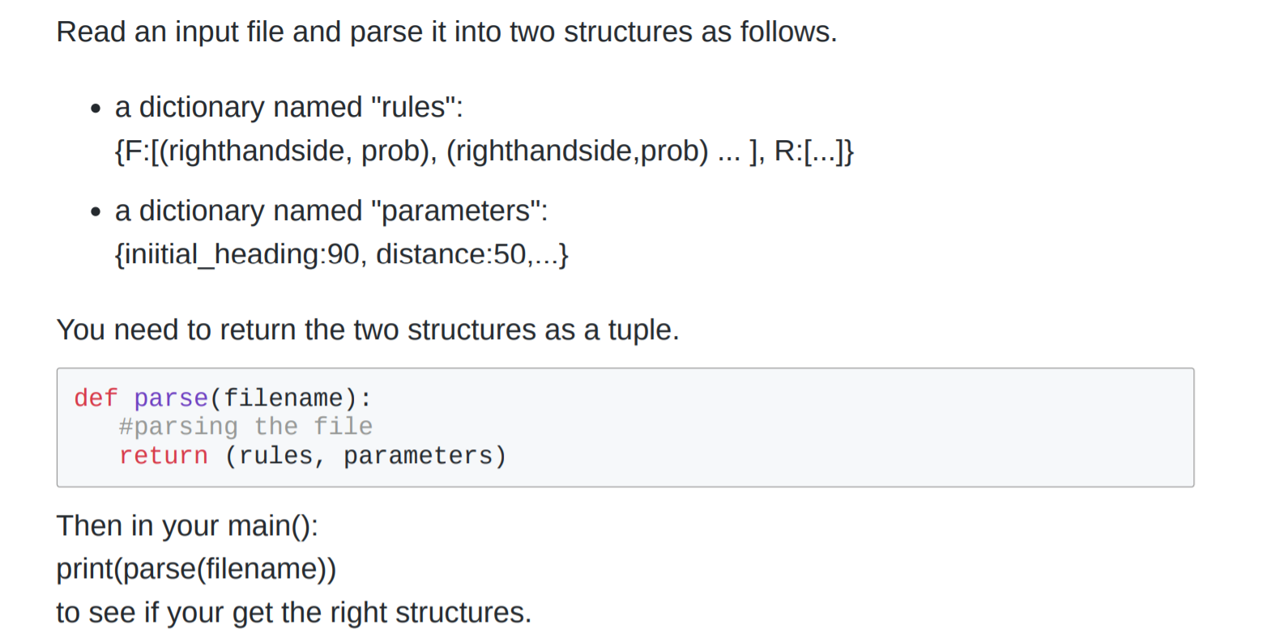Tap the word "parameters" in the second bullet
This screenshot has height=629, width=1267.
[459, 211]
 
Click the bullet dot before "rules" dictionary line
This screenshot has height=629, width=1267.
[96, 109]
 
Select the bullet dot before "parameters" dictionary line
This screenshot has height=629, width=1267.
[96, 213]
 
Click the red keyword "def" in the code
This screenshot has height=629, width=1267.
[96, 398]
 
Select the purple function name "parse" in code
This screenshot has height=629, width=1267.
[171, 398]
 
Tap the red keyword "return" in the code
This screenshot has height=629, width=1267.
[163, 457]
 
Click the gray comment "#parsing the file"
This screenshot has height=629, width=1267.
[245, 427]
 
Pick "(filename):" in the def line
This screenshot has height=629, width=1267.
[290, 398]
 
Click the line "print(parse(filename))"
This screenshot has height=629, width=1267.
[196, 570]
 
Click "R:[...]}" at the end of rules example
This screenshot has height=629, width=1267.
[813, 151]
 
